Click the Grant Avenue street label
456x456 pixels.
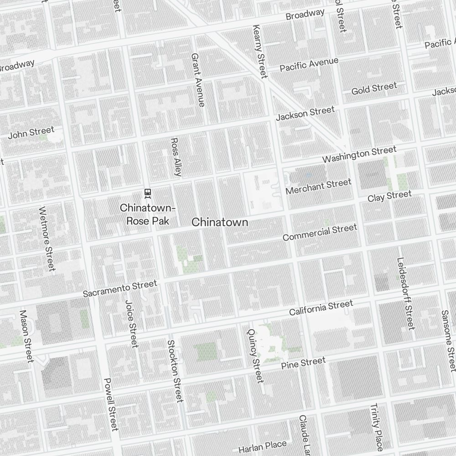(x=198, y=80)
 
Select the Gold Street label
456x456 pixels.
(x=374, y=88)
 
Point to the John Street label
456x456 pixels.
(x=31, y=133)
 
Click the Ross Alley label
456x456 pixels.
(x=176, y=157)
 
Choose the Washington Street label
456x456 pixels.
(x=359, y=155)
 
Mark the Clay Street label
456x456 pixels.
(x=389, y=197)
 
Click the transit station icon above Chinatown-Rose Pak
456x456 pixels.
(x=147, y=193)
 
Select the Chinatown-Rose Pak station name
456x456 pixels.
(x=147, y=214)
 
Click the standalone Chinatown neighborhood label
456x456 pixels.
(x=220, y=222)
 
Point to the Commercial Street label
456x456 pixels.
(x=320, y=233)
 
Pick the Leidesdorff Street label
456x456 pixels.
(x=405, y=294)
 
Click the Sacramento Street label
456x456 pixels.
(x=120, y=289)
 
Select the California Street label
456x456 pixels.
(x=321, y=308)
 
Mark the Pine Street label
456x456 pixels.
(x=303, y=363)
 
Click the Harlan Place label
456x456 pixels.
(x=262, y=446)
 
